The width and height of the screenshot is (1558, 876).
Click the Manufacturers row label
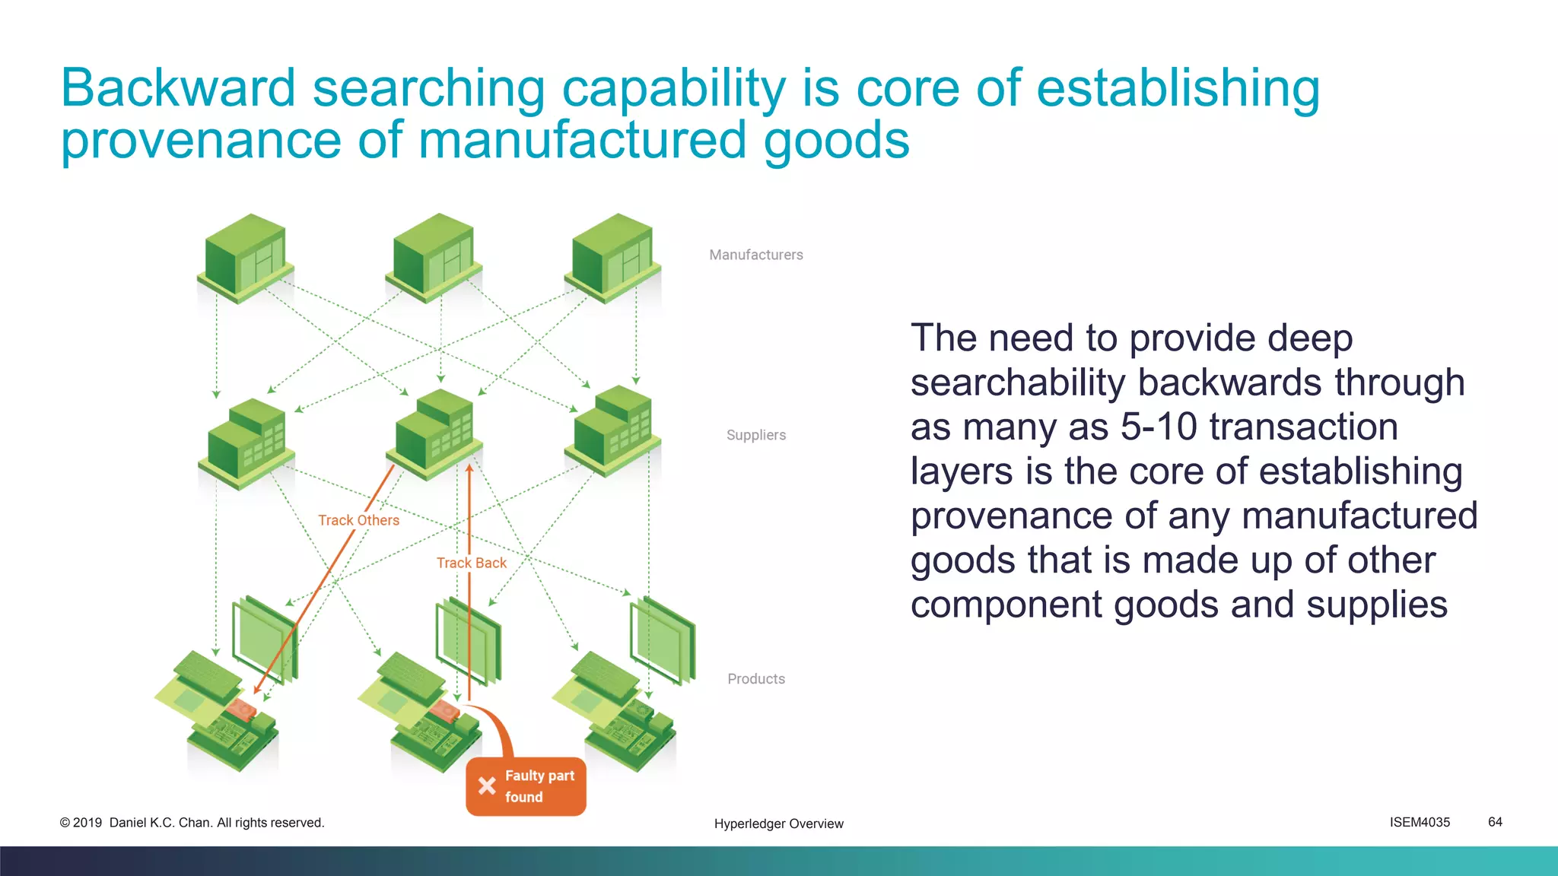[x=755, y=255]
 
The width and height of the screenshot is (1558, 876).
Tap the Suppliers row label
[x=755, y=435]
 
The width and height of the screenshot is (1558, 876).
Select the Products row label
[x=755, y=679]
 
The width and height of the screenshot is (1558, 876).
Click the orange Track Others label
[x=358, y=520]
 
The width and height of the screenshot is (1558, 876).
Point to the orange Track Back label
[x=471, y=563]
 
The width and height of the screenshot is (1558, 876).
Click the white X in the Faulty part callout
[x=487, y=786]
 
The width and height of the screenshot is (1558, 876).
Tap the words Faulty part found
[x=539, y=786]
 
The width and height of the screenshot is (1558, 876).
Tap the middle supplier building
[x=434, y=433]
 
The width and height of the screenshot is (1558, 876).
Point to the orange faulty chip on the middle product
[x=445, y=712]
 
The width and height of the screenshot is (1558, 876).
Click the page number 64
[x=1495, y=822]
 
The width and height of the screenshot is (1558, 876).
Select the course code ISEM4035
[x=1420, y=822]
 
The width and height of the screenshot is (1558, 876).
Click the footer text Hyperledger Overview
[x=778, y=824]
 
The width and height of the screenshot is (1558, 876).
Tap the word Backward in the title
[x=178, y=88]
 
